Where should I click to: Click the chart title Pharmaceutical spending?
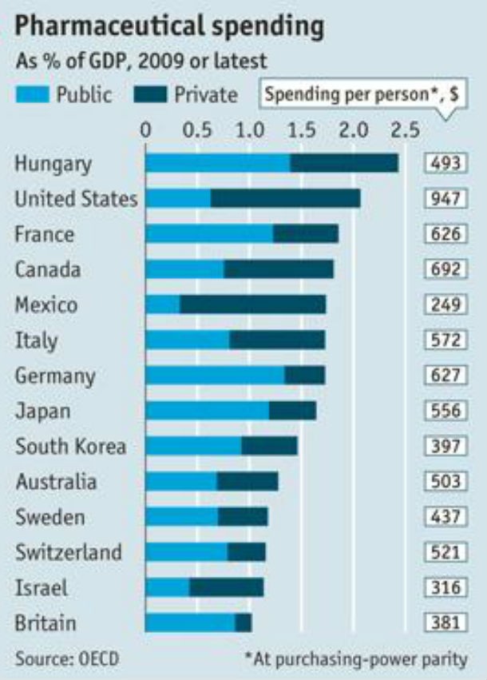click(169, 26)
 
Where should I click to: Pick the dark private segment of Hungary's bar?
click(343, 163)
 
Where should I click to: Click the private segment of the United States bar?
click(285, 198)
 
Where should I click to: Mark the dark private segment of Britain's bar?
click(243, 623)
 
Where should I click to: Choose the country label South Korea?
click(70, 446)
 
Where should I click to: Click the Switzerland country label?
click(68, 552)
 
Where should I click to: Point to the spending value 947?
click(445, 199)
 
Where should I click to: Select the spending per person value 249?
click(445, 304)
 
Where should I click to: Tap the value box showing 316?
click(445, 587)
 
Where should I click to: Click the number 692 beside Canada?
click(445, 269)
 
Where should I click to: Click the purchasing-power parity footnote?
click(356, 659)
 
